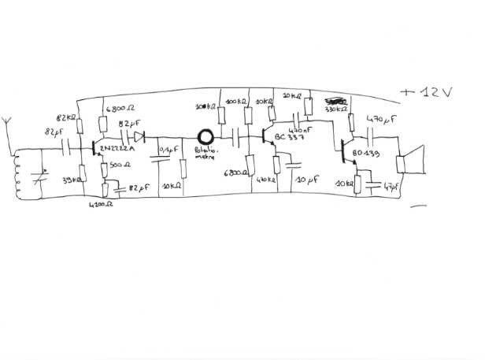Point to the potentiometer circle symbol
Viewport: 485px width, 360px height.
(206, 140)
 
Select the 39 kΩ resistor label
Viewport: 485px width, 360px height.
(71, 180)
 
